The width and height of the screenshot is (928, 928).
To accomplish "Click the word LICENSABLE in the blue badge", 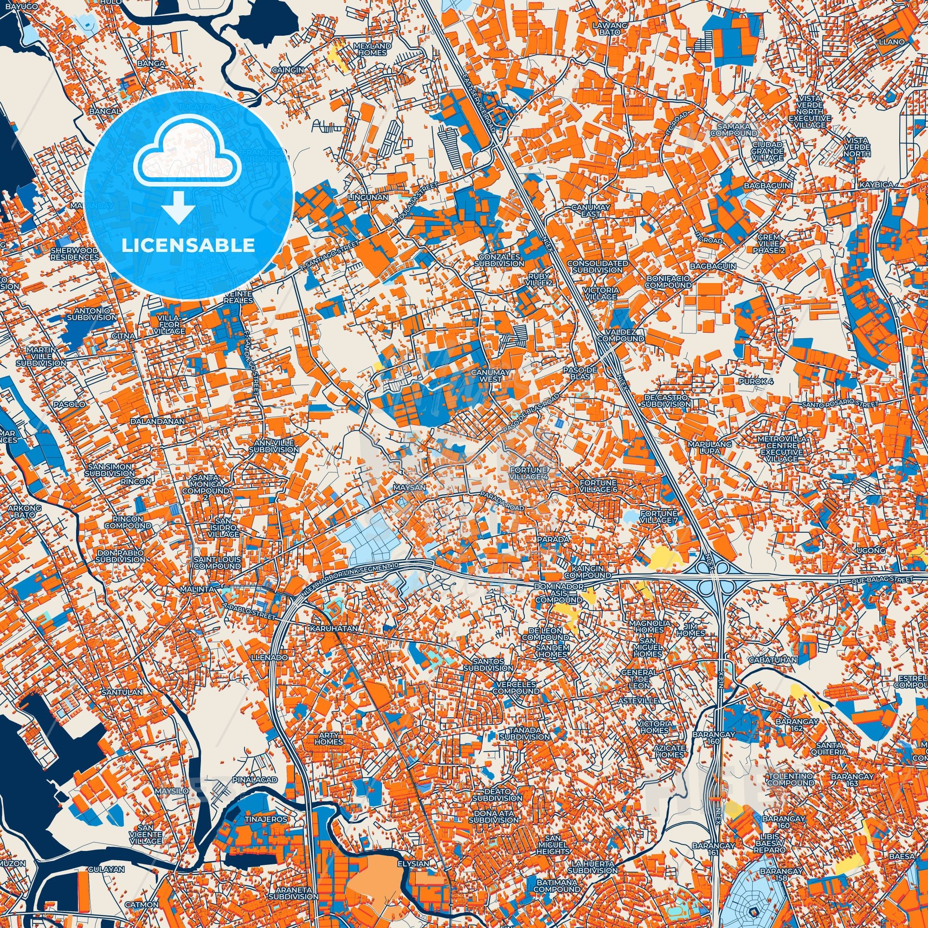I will tap(188, 245).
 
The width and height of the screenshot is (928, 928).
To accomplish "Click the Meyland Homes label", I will tap(372, 49).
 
